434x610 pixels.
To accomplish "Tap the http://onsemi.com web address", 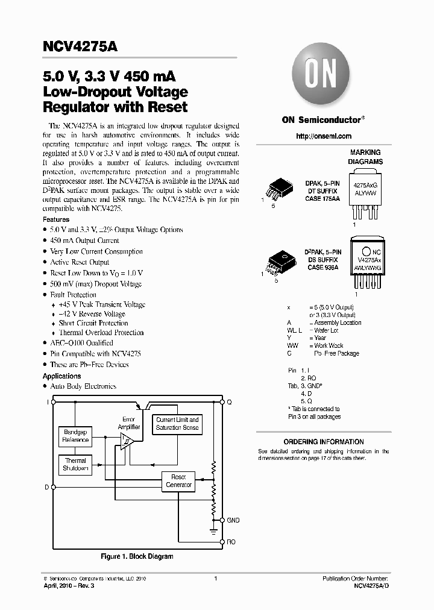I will (x=323, y=136).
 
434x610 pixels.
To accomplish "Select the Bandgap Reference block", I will (x=75, y=436).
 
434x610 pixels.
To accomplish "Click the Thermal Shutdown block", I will (x=75, y=464).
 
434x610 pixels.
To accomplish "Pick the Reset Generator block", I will (x=178, y=481).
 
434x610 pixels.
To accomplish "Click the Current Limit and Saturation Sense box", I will (x=177, y=423).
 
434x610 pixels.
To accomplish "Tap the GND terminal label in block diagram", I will (x=233, y=520).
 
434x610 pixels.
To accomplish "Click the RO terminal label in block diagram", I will (x=231, y=542).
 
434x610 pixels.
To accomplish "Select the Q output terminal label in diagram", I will (x=229, y=401).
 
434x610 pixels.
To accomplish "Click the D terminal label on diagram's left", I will (x=46, y=486).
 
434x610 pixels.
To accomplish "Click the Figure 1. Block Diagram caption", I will (x=137, y=556).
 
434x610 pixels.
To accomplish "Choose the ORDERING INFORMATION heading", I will (x=324, y=442).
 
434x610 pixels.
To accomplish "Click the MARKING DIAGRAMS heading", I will (x=365, y=157).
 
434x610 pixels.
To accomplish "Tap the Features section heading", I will (x=56, y=219).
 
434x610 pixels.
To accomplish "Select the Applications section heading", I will (x=62, y=376).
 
